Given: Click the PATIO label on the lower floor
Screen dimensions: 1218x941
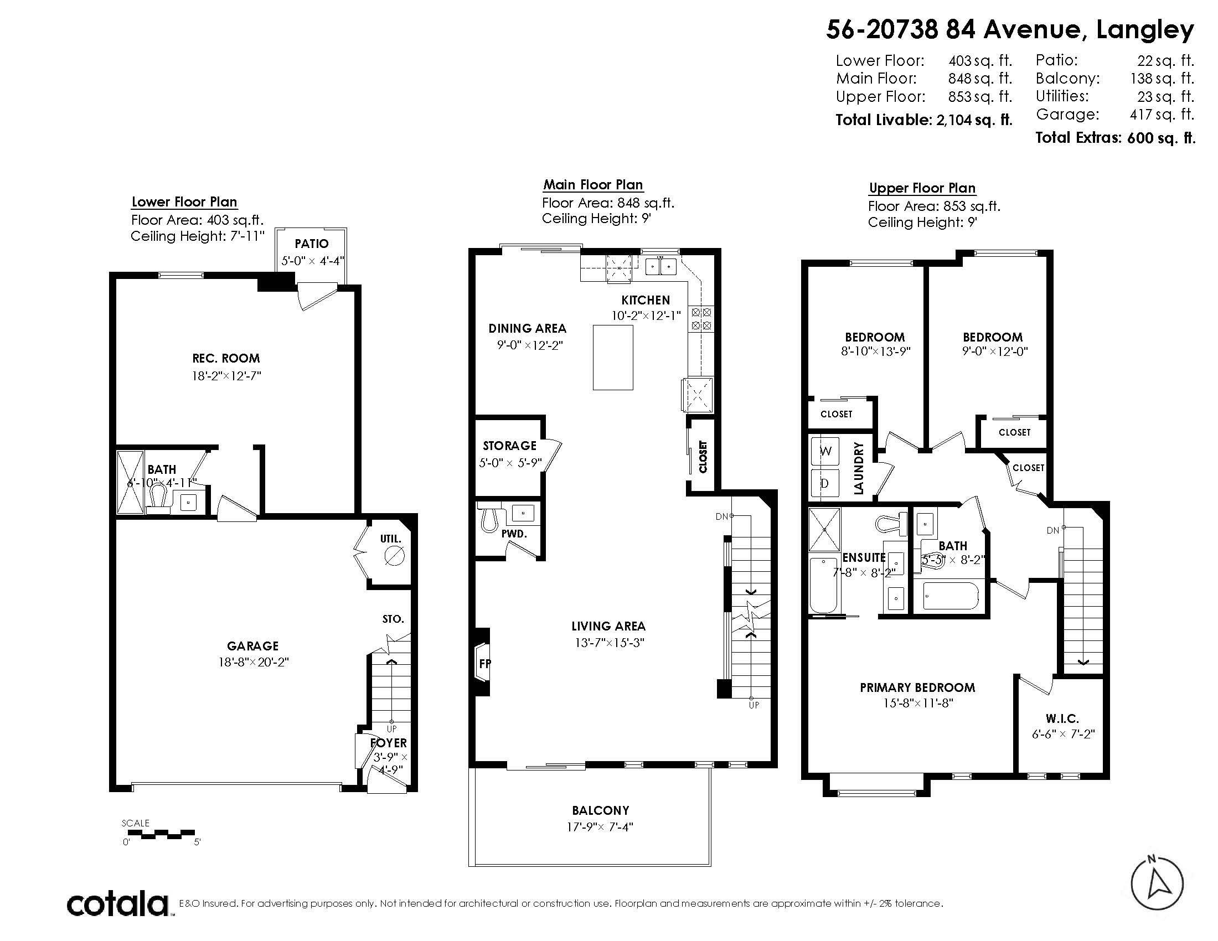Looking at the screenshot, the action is pos(312,244).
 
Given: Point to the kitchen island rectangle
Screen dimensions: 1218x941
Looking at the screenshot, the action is pos(613,358).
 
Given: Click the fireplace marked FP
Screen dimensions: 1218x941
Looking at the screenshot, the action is pos(481,661).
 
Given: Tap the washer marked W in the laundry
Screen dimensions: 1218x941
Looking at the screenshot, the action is pos(825,451).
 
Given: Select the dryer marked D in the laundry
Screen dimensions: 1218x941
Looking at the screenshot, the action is pos(825,483).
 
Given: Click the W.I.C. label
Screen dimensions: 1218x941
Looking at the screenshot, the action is pos(1062,719).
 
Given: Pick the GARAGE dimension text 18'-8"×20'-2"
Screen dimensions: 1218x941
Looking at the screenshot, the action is pos(253,662).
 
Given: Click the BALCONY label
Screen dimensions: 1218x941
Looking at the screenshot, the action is pos(600,810).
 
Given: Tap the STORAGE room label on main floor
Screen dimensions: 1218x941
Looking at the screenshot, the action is pos(509,446).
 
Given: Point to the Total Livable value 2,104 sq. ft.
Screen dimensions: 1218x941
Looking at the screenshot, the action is pos(974,120).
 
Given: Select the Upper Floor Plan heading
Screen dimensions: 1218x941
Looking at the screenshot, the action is pos(922,188).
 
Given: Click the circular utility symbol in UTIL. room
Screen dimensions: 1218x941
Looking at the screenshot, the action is pos(395,555).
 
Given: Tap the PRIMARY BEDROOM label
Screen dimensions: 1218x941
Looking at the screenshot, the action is pos(917,687).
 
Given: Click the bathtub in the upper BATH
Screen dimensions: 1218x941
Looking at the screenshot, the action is pos(950,597).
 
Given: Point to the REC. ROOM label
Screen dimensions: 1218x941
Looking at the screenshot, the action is pos(226,358).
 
